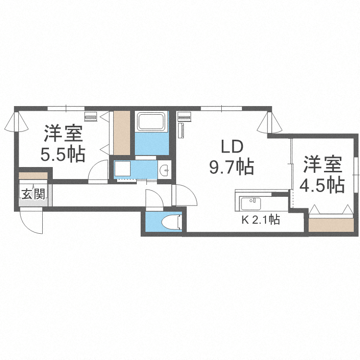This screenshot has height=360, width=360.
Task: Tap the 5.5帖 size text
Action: [x=63, y=155]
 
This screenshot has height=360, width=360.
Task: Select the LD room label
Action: [x=232, y=146]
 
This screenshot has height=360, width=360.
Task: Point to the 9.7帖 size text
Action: [x=231, y=167]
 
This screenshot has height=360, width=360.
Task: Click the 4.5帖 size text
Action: [x=323, y=184]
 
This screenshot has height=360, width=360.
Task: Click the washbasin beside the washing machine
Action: [x=164, y=169]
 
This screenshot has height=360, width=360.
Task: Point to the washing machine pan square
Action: [x=121, y=168]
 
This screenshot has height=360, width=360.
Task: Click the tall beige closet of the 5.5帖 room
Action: [x=122, y=133]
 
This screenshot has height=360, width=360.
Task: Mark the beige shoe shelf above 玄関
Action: [x=33, y=175]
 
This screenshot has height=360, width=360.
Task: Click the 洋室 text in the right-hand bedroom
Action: [x=323, y=165]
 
